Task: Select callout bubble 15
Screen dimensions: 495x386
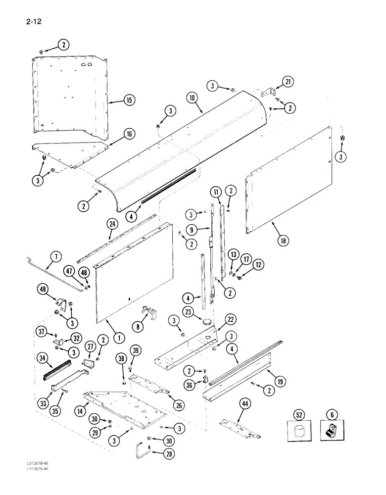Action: (x=128, y=100)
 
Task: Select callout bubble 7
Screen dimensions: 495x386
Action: (x=55, y=256)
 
